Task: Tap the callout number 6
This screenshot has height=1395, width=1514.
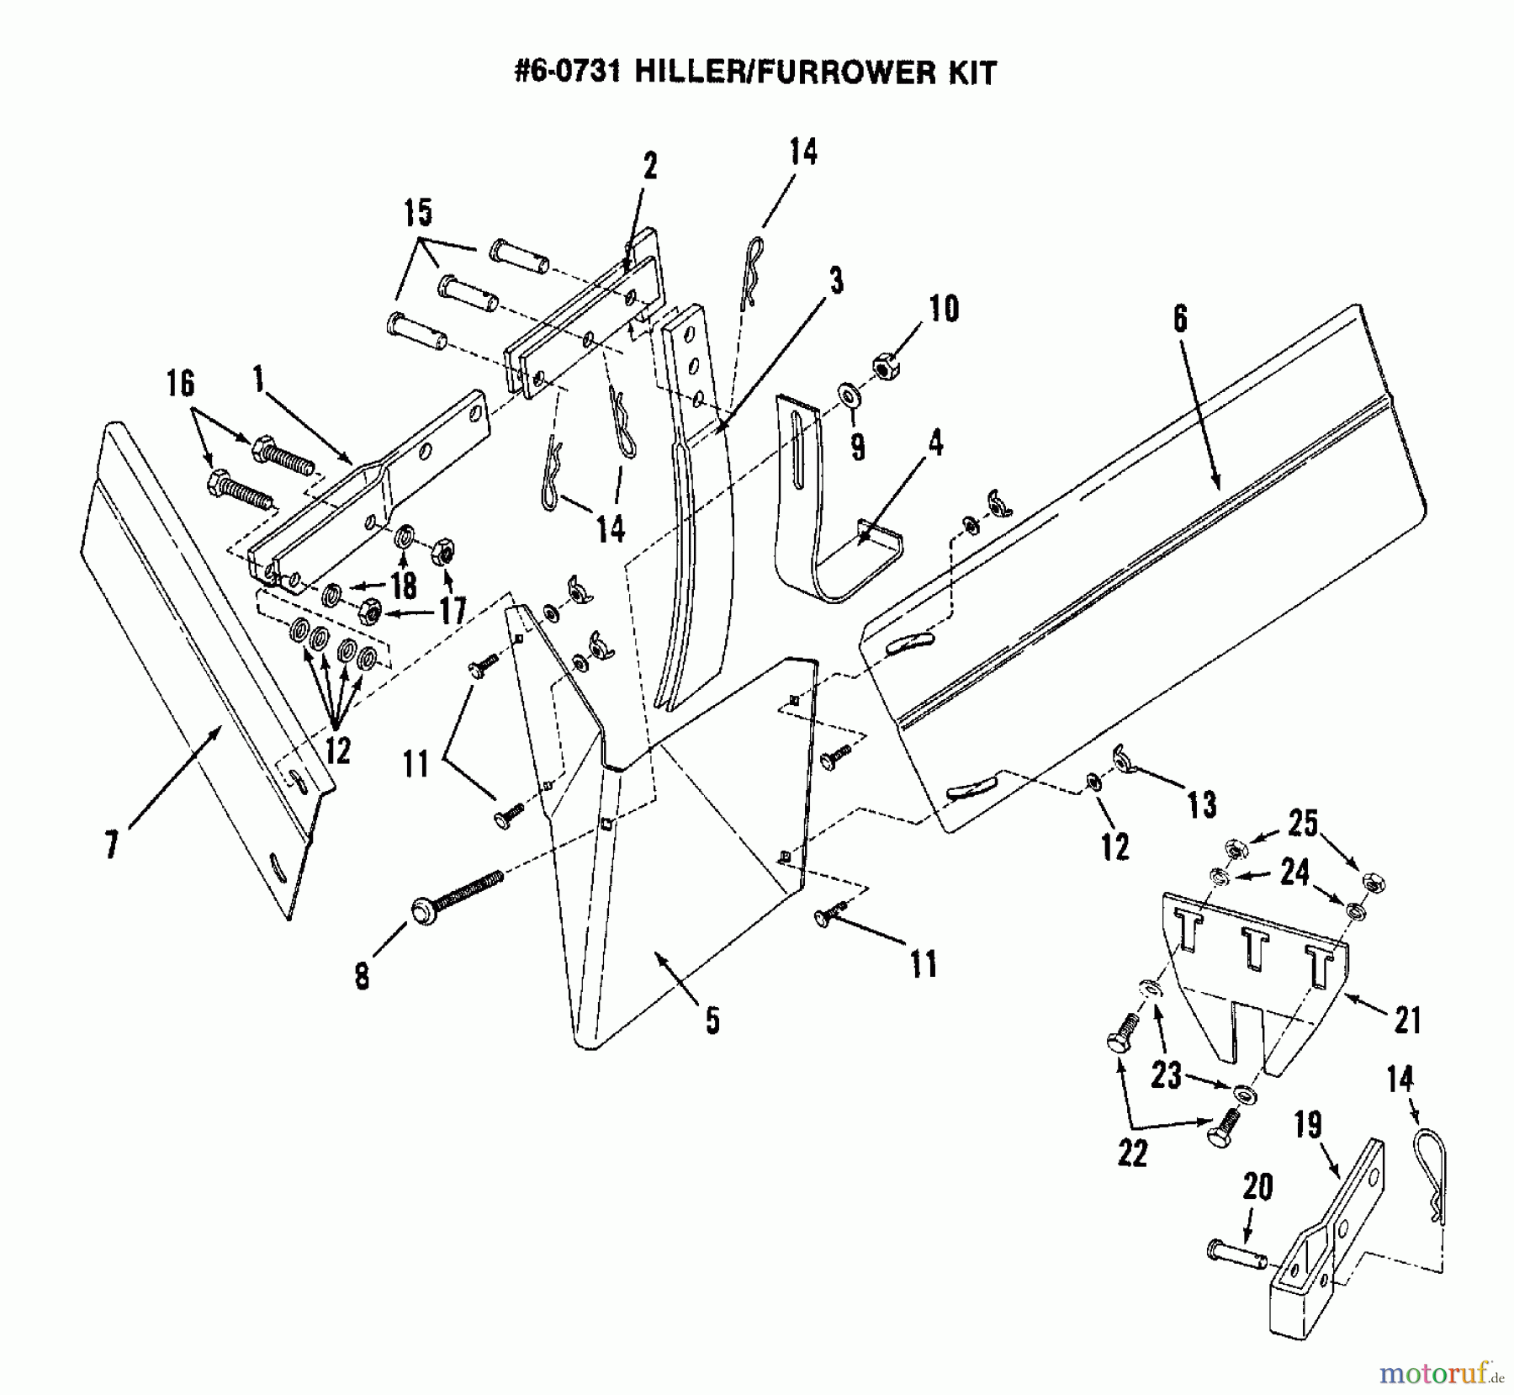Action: tap(1180, 319)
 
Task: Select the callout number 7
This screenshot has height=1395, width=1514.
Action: tap(110, 844)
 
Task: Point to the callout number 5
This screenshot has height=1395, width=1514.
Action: tap(712, 1021)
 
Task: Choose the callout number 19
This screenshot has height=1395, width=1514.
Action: tap(1308, 1125)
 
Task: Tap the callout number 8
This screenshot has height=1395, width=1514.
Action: tap(362, 977)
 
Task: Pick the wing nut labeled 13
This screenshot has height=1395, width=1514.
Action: tap(1125, 756)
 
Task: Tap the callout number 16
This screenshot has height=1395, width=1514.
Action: tap(180, 384)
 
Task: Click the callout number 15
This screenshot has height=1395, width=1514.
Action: tap(418, 213)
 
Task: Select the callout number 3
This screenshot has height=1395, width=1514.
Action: tap(835, 281)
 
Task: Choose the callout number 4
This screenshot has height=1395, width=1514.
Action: tap(934, 443)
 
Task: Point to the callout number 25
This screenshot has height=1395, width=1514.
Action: tap(1303, 823)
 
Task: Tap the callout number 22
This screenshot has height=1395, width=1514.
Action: tap(1132, 1154)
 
